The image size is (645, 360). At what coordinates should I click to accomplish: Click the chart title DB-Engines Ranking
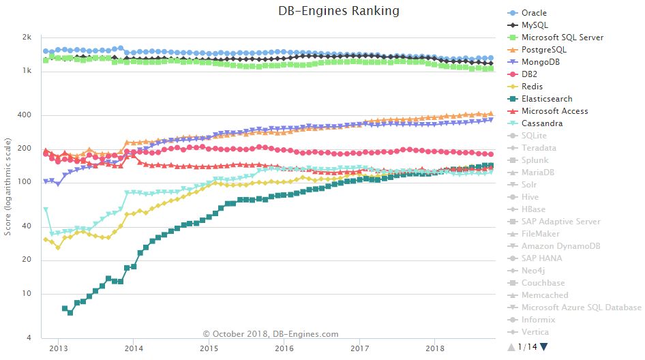pos(339,11)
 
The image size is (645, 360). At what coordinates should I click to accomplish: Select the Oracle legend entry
pos(534,13)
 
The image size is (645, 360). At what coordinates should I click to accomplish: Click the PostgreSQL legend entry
pos(543,50)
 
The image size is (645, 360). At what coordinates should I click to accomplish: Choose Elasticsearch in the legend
pos(547,99)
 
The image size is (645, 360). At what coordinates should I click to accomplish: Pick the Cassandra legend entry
pos(542,123)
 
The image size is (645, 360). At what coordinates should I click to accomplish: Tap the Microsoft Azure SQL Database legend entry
pos(581,307)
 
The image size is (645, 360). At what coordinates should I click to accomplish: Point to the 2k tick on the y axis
pos(27,37)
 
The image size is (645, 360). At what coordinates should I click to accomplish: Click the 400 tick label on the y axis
pos(25,115)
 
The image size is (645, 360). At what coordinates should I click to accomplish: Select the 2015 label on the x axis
pos(209,348)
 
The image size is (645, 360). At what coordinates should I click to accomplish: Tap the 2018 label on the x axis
pos(436,348)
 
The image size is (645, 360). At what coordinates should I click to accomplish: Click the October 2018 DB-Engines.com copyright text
pos(271,334)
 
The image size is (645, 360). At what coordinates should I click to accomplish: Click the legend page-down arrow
pos(544,347)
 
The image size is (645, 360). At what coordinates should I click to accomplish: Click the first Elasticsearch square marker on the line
pos(65,308)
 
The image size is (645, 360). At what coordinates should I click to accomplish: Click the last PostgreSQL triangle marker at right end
pos(490,114)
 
